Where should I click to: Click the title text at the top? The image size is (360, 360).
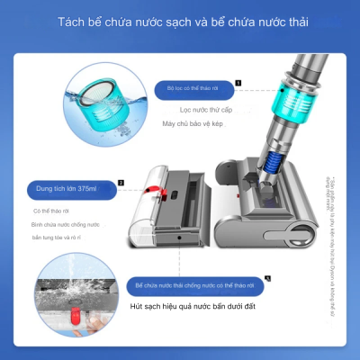click(x=180, y=22)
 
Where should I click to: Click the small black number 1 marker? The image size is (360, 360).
click(x=238, y=82)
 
